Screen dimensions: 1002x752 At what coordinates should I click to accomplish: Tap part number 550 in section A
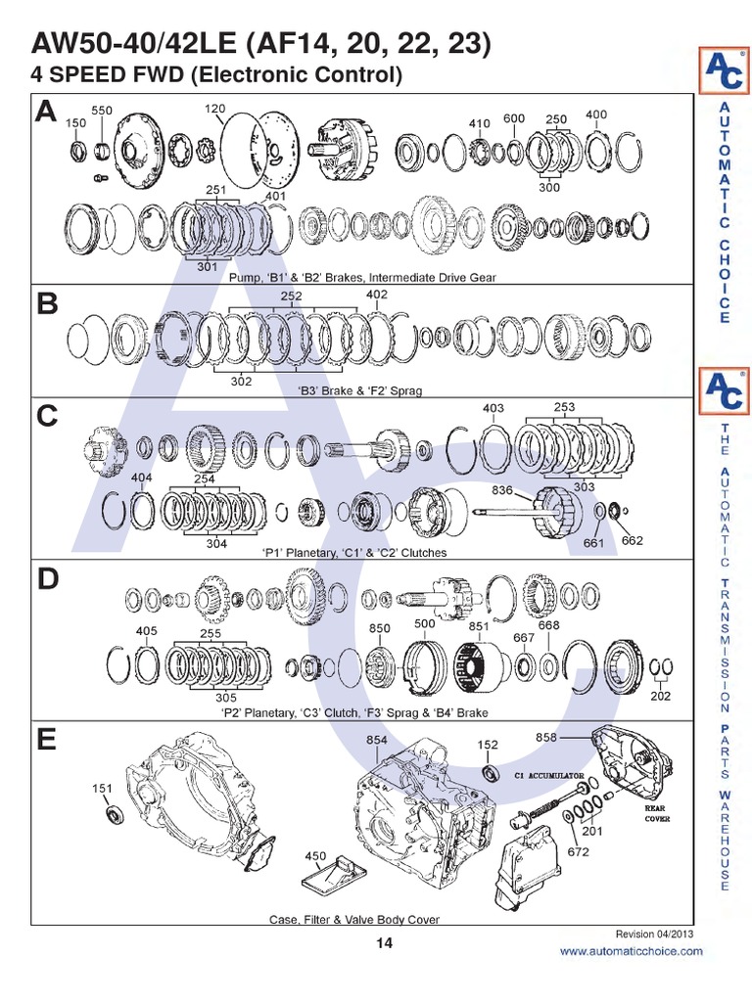coord(102,112)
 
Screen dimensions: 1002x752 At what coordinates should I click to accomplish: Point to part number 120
coord(216,107)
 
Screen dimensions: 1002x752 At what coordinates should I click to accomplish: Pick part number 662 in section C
coord(633,539)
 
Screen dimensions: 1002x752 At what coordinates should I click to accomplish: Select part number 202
coord(661,697)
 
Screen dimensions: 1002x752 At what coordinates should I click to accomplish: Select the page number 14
coord(383,943)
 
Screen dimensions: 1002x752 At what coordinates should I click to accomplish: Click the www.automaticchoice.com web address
coord(631,951)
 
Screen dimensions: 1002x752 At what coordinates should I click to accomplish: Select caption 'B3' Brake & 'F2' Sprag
coord(360,390)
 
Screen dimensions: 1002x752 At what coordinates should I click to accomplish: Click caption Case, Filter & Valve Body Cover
coord(354,919)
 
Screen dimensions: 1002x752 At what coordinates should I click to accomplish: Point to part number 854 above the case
coord(378,741)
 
